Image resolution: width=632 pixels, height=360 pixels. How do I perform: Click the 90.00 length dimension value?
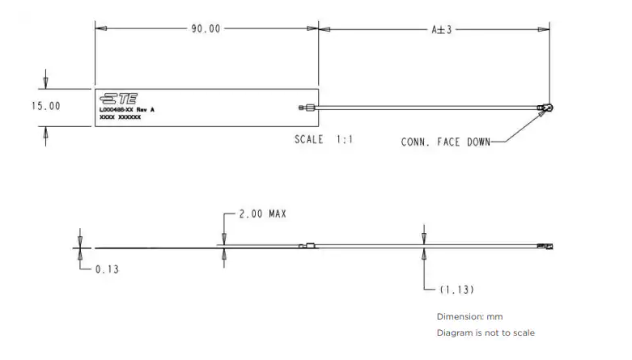point(206,29)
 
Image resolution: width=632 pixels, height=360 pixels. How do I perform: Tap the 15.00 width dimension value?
point(45,106)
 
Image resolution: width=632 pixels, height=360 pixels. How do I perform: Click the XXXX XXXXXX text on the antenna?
point(120,117)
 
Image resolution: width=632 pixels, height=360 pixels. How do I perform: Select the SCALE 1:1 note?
point(324,139)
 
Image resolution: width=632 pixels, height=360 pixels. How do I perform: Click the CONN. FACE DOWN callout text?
point(444,142)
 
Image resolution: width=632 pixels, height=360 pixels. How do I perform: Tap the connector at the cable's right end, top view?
point(548,107)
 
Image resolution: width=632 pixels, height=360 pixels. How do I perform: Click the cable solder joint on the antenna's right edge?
point(304,107)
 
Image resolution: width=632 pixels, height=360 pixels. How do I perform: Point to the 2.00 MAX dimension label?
point(262,214)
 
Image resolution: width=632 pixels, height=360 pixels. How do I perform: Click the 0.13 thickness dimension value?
point(105,269)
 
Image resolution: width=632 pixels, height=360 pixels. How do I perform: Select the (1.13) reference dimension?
point(456,289)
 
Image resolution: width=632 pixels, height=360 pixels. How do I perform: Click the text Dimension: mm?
point(469,316)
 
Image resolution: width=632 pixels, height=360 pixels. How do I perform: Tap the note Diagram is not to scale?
point(486,332)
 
